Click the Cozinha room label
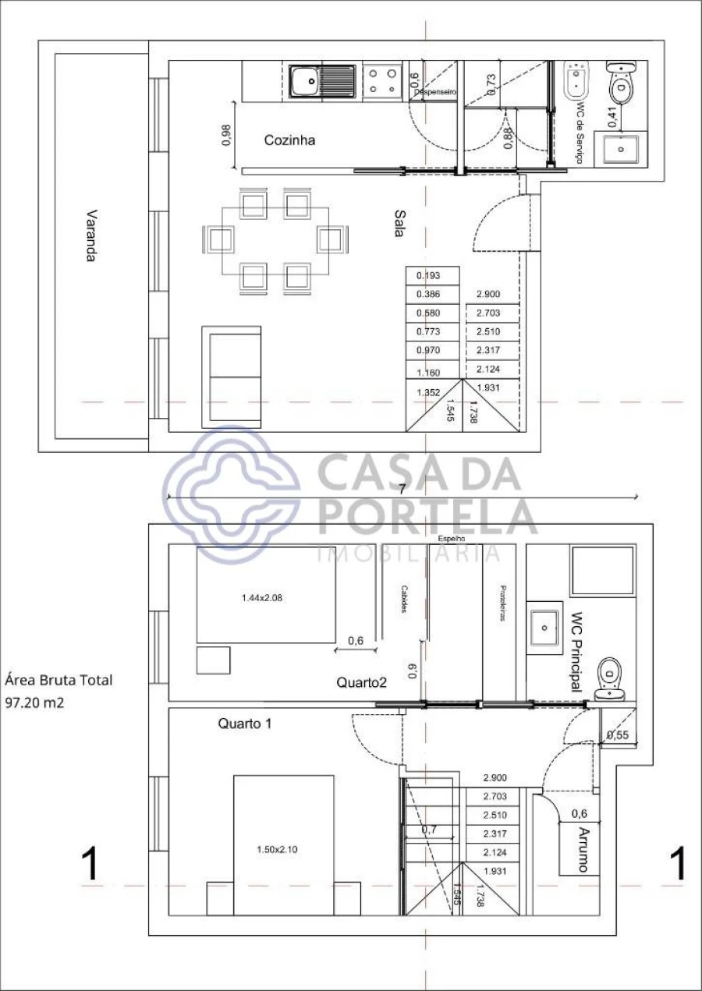tap(289, 141)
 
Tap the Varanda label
tap(91, 235)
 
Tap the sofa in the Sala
tap(231, 377)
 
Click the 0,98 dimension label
tap(226, 136)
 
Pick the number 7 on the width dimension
tap(401, 490)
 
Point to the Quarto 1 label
tap(244, 724)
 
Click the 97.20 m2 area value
tap(34, 703)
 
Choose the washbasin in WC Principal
tap(544, 624)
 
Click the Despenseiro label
tap(435, 92)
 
